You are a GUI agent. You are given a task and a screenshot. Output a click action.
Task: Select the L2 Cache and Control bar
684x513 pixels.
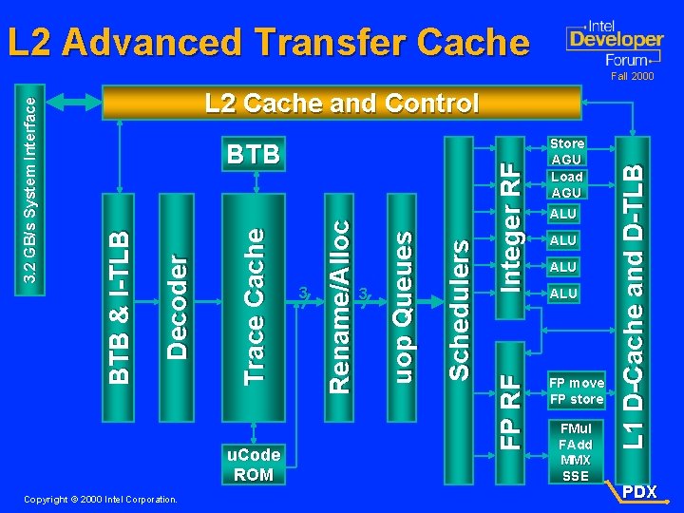coord(342,103)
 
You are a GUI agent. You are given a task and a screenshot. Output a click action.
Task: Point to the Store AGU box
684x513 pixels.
coord(567,151)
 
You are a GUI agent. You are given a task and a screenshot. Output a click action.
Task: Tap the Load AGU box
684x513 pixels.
coord(567,184)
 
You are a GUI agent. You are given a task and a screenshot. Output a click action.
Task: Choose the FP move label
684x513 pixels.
coord(577,383)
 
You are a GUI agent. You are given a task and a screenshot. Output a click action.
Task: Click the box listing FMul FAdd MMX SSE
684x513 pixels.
coord(576,452)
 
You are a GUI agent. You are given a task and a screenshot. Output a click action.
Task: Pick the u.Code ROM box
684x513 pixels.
coord(254,465)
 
